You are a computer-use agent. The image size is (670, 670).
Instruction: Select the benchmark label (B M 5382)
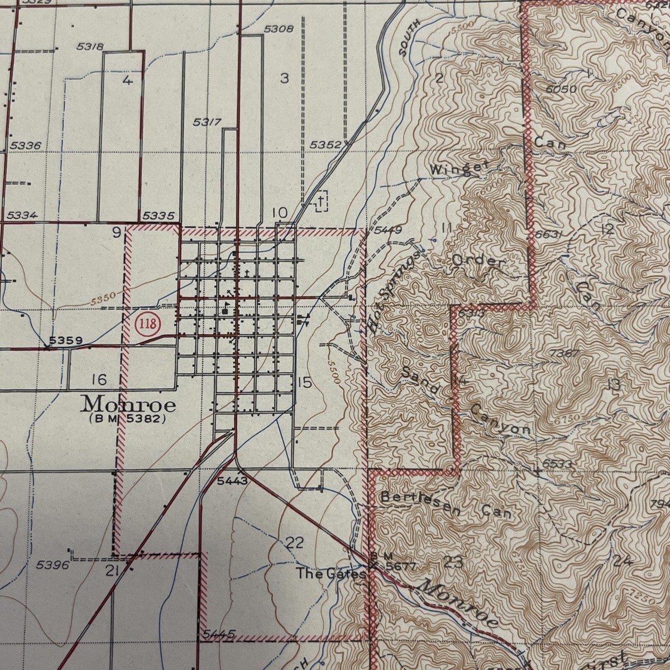coord(126,418)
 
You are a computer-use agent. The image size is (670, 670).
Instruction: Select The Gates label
coord(331,573)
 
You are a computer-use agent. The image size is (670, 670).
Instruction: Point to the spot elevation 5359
coord(65,340)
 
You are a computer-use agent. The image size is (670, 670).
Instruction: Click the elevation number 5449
coord(387,229)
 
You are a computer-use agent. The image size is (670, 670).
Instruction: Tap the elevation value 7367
coord(564,353)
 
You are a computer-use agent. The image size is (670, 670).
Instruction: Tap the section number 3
coord(284,79)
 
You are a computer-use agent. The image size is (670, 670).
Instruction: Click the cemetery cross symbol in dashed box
coord(321,202)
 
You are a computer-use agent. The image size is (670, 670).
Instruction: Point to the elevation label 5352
coord(325,145)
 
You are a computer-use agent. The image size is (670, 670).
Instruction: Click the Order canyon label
coord(478,261)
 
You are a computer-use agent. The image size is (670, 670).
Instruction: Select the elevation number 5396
coord(52,566)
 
